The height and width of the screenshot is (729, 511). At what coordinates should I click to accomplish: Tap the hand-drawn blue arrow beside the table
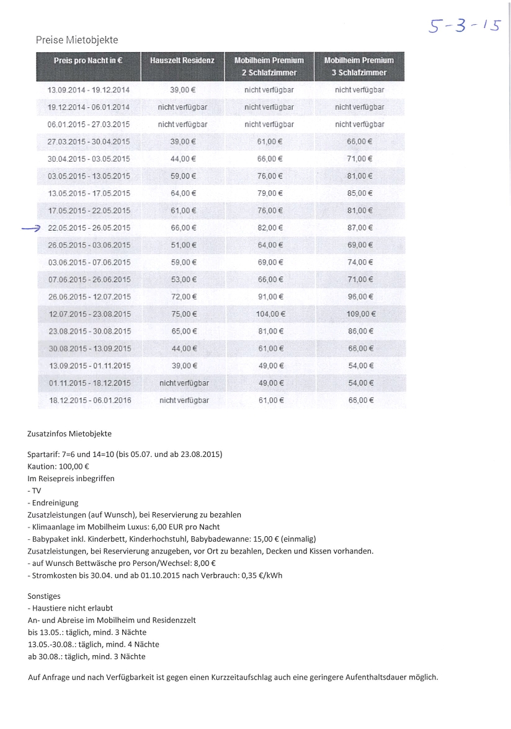click(x=29, y=228)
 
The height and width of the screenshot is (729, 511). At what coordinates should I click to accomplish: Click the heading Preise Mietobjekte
click(x=77, y=40)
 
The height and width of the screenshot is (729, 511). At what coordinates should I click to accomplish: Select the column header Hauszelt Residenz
click(x=182, y=61)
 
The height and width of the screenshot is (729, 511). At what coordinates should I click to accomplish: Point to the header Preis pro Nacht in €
click(x=87, y=61)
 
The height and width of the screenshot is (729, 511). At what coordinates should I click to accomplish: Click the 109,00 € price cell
click(x=360, y=314)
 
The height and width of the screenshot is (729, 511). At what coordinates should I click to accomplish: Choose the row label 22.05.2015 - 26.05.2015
click(x=89, y=228)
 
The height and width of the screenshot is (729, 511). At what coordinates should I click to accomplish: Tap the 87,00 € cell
click(x=360, y=228)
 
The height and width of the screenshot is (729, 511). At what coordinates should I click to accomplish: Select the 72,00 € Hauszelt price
click(x=183, y=296)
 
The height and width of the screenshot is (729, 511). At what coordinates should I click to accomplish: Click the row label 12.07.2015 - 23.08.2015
click(x=89, y=314)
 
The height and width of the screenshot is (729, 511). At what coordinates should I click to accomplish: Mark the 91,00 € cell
click(x=270, y=296)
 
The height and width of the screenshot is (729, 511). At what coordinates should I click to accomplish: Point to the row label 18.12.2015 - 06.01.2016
click(x=90, y=400)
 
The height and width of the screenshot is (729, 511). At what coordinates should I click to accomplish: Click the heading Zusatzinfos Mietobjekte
click(x=69, y=433)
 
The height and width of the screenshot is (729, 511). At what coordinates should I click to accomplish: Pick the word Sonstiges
click(x=44, y=596)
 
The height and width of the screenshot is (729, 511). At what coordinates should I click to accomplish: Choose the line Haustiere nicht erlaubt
click(x=70, y=608)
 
